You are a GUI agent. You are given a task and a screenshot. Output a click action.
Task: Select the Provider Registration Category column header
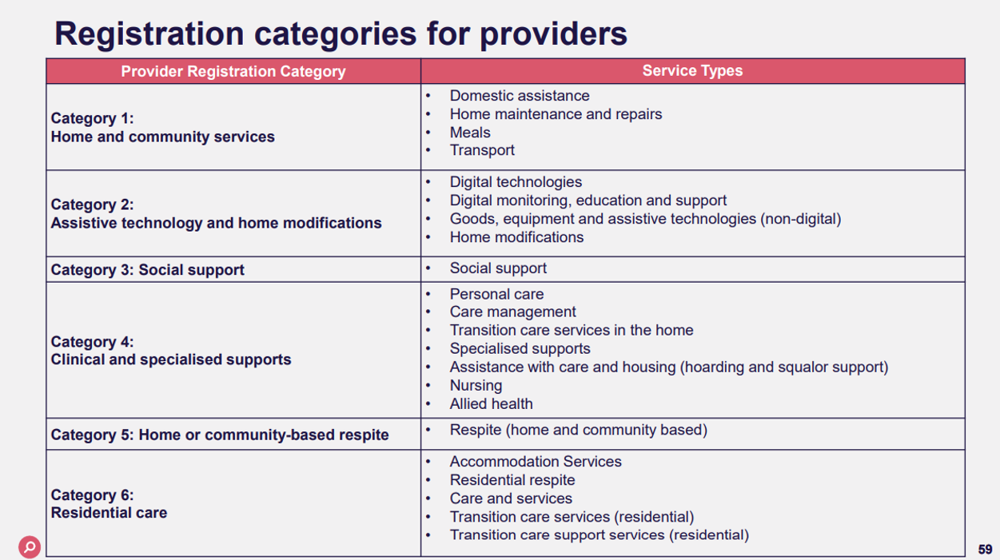click(x=233, y=71)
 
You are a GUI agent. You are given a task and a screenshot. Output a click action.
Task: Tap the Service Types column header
click(x=692, y=70)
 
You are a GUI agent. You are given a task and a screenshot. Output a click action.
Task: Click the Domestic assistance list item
click(x=520, y=96)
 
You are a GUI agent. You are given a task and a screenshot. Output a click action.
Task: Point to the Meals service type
click(x=470, y=133)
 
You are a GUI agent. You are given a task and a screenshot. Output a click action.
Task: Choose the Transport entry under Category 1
click(x=482, y=150)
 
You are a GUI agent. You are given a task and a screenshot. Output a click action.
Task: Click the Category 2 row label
click(x=216, y=214)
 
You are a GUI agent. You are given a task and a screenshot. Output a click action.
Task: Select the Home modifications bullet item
click(x=516, y=237)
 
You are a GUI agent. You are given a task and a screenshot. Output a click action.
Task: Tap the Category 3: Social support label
click(x=148, y=270)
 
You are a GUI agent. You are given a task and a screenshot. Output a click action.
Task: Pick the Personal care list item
click(x=496, y=294)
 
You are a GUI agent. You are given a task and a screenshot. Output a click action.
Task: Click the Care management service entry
click(x=512, y=312)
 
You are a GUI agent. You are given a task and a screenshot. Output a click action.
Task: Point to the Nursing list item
click(x=476, y=386)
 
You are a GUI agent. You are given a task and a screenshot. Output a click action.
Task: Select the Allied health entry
click(x=491, y=404)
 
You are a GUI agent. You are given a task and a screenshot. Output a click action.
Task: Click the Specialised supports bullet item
click(x=520, y=349)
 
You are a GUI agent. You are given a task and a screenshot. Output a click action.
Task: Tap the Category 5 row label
click(x=220, y=435)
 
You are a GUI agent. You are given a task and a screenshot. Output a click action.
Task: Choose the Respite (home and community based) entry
click(x=578, y=430)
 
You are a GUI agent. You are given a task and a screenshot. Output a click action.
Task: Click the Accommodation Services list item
click(x=536, y=462)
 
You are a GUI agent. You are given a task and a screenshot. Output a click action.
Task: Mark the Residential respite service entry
click(x=512, y=480)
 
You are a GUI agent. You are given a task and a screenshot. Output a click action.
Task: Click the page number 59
click(x=985, y=550)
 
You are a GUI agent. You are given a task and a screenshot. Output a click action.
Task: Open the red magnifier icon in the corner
click(x=30, y=547)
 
